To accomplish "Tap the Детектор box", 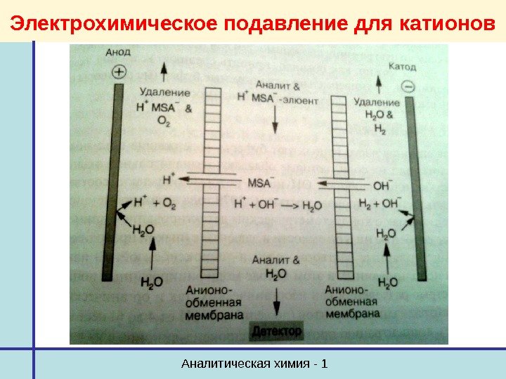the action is click(x=276, y=330).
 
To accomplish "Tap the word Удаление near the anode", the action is click(x=165, y=92).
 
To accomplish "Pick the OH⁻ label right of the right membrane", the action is click(x=382, y=186).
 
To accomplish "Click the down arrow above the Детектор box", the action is click(x=276, y=302).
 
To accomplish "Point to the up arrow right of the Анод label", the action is click(x=164, y=70).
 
